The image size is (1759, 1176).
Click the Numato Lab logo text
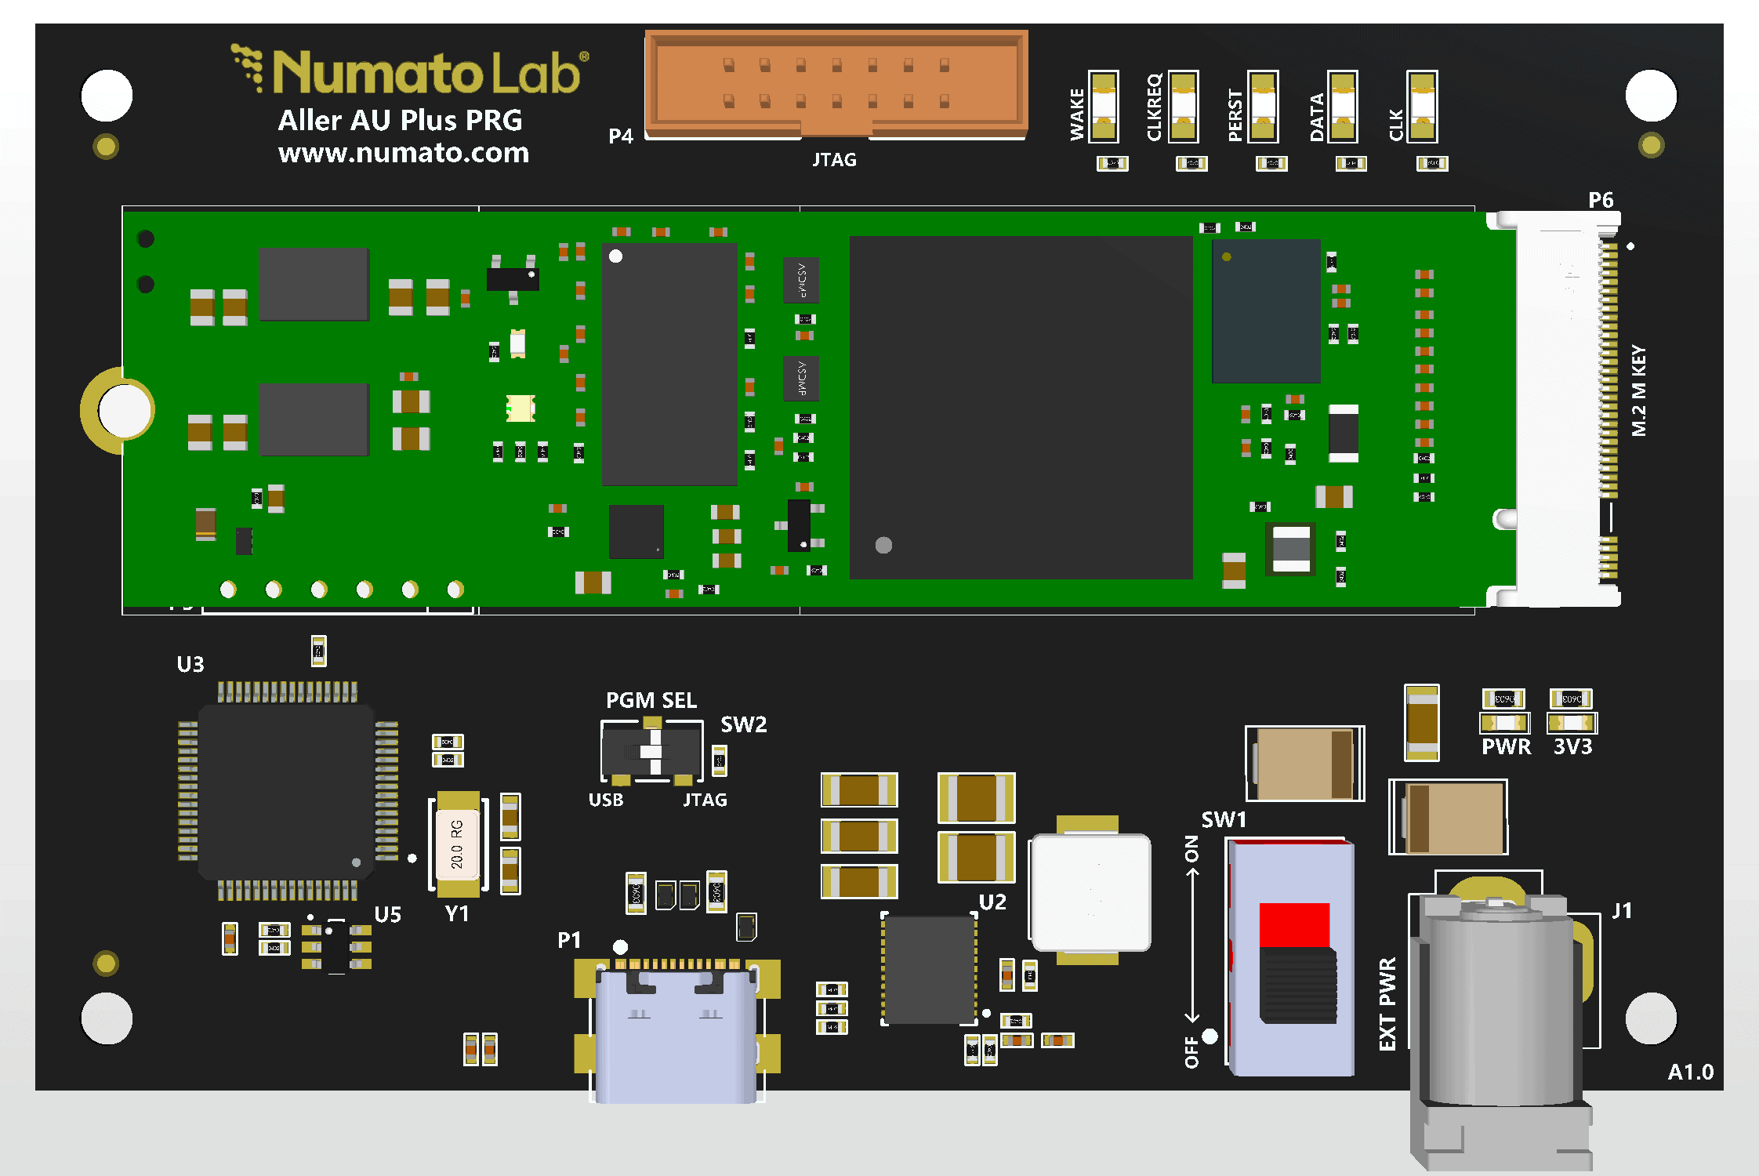[x=427, y=73]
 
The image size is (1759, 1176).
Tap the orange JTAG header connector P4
[x=836, y=83]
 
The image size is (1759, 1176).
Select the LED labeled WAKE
[x=1104, y=107]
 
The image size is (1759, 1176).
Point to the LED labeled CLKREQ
[x=1184, y=107]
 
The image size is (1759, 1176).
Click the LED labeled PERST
[x=1264, y=107]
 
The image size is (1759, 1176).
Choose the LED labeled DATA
[x=1343, y=107]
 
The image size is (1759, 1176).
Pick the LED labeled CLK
[x=1422, y=107]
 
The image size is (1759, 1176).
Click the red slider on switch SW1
[x=1294, y=925]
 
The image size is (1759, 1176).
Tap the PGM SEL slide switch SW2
[x=651, y=752]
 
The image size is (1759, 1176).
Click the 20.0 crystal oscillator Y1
[x=458, y=844]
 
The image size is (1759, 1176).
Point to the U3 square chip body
[x=287, y=791]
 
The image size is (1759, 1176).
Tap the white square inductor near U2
[x=1091, y=892]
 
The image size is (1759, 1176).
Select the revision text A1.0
[x=1690, y=1072]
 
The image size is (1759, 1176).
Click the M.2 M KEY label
[x=1638, y=390]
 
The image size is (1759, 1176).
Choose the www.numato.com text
[x=404, y=152]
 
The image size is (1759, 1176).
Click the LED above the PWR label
[x=1504, y=722]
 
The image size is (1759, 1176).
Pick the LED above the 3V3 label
[x=1572, y=722]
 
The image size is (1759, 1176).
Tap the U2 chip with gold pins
[x=930, y=970]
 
